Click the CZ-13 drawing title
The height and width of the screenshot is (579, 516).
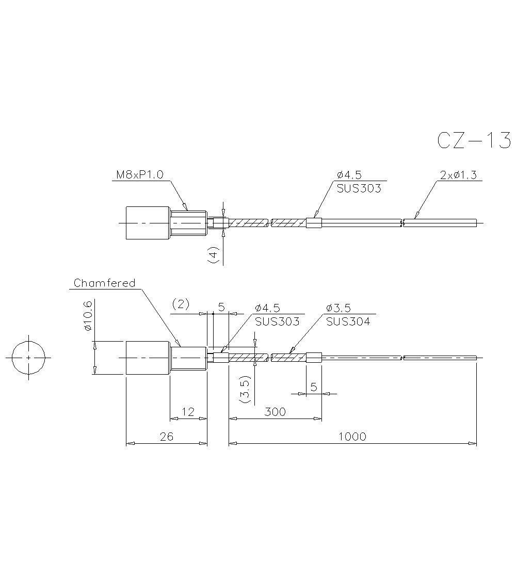click(x=474, y=141)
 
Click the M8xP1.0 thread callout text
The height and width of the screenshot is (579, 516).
click(x=139, y=174)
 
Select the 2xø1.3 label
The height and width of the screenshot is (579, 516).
click(x=458, y=174)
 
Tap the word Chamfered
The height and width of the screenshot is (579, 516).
click(x=104, y=283)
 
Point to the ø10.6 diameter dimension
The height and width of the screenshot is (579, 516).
click(x=88, y=315)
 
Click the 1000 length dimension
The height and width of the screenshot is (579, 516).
click(x=352, y=437)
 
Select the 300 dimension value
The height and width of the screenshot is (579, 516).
click(x=275, y=412)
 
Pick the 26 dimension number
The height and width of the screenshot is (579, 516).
click(x=167, y=437)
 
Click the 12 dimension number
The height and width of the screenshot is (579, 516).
click(x=188, y=412)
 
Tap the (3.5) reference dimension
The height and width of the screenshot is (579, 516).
click(x=245, y=389)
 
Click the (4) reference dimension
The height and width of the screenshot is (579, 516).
click(x=214, y=255)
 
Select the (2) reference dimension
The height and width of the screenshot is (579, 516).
click(x=181, y=304)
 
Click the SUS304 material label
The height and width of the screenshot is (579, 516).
click(x=348, y=321)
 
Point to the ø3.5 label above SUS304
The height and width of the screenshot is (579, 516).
click(x=338, y=308)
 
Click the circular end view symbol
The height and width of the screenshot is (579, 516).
click(x=28, y=358)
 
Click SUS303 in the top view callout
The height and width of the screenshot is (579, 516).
click(x=359, y=188)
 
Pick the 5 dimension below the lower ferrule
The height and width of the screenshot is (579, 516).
click(x=314, y=387)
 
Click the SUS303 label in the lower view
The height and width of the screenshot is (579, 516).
click(x=277, y=321)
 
